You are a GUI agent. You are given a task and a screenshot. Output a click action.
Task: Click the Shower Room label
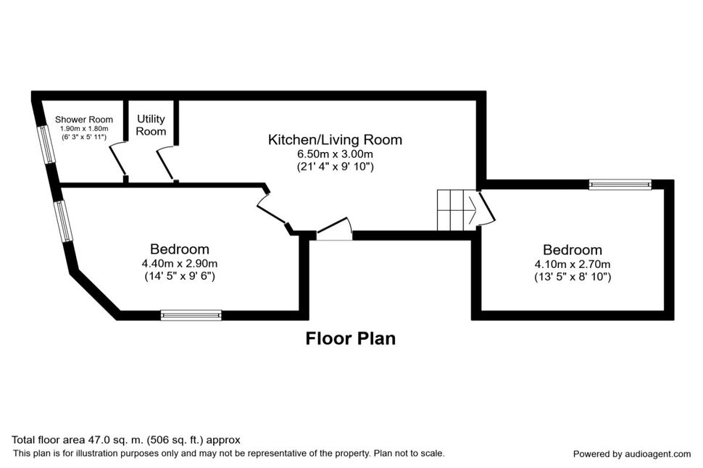pos(86,120)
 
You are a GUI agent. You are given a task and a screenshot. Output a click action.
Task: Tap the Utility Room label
pos(151,125)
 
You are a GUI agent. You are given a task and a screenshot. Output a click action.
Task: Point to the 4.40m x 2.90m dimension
pos(180,263)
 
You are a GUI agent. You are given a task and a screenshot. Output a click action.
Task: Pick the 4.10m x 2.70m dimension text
pos(573,264)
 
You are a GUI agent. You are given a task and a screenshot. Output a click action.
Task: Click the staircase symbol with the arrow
pos(456,209)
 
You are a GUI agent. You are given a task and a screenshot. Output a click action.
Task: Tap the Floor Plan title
pos(351,338)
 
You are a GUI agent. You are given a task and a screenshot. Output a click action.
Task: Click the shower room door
pos(117,159)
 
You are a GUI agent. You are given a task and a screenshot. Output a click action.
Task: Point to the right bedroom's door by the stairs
pos(486,208)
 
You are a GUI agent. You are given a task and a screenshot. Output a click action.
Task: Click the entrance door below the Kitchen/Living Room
pos(334,230)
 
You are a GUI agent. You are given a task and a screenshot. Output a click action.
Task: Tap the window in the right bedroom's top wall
pos(620,185)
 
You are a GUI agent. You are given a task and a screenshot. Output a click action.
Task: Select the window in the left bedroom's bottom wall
pos(191,314)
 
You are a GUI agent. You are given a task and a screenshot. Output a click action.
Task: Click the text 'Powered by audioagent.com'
pos(631,454)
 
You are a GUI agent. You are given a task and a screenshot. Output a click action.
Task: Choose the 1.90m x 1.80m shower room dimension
pos(86,129)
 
